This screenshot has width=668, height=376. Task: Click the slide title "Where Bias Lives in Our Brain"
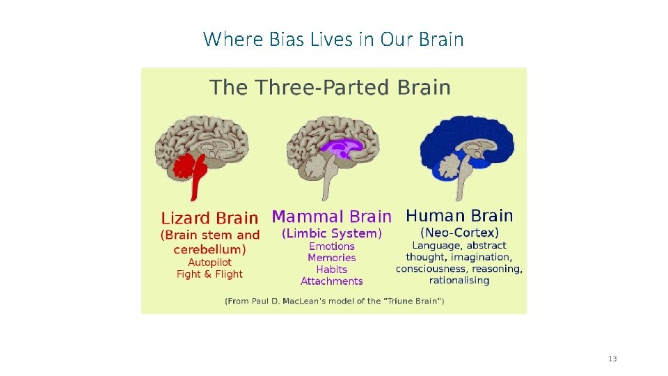[x=333, y=39]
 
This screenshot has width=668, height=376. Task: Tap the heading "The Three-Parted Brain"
[x=331, y=88]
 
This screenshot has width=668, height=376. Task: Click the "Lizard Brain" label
[x=209, y=218]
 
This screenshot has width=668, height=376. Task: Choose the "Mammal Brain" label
[x=331, y=217]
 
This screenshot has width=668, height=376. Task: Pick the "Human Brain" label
[x=459, y=216]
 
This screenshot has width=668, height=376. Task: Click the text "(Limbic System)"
[x=331, y=233]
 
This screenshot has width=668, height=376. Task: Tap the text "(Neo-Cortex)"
[x=459, y=233]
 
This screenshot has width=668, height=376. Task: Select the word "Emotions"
[x=332, y=246]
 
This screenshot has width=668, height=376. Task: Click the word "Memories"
[x=332, y=258]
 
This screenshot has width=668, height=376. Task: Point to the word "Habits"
[x=332, y=269]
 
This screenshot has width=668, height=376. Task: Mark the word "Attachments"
[x=332, y=281]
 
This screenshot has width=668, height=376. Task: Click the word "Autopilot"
[x=209, y=263]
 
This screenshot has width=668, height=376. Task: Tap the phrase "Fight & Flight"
[x=209, y=274]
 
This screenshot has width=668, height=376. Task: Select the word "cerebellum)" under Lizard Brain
[x=209, y=249]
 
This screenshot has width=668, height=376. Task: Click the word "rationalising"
[x=459, y=281]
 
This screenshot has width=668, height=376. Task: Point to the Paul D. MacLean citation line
[x=334, y=301]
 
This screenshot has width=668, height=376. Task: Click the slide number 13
[x=612, y=359]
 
